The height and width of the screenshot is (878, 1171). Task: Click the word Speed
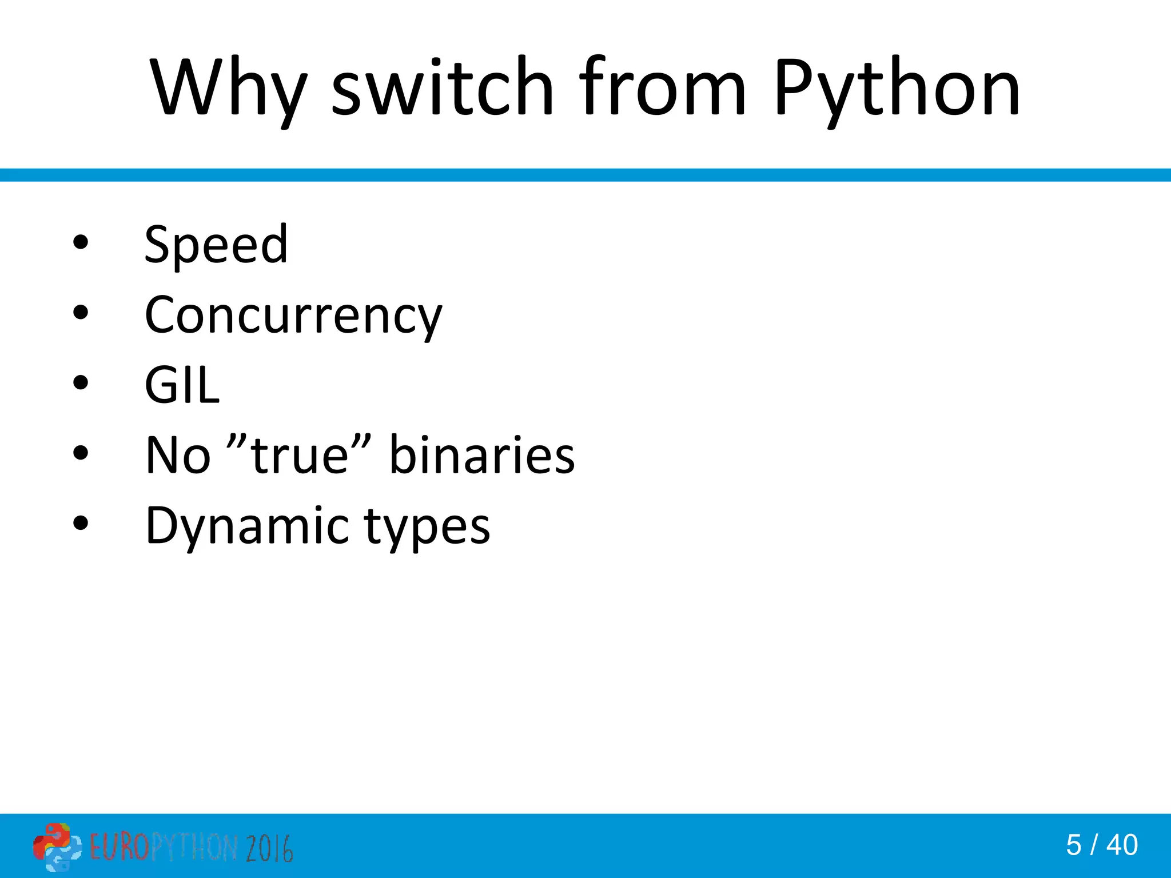216,245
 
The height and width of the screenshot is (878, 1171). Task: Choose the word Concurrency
293,316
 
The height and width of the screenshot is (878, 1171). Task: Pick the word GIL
182,385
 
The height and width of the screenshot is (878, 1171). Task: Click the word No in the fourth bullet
178,455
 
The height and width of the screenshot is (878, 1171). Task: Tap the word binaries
481,455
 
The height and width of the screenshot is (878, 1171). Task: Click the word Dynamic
247,526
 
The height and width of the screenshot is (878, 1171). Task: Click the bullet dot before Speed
81,242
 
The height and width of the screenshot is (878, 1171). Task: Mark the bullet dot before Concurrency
81,313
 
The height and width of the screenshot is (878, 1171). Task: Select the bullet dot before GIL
81,382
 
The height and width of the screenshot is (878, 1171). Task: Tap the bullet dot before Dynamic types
81,523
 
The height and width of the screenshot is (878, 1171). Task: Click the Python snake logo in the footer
57,847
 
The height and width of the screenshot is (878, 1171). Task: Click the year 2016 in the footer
269,848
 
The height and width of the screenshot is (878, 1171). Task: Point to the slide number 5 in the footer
1073,845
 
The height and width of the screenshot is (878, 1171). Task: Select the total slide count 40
1122,845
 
